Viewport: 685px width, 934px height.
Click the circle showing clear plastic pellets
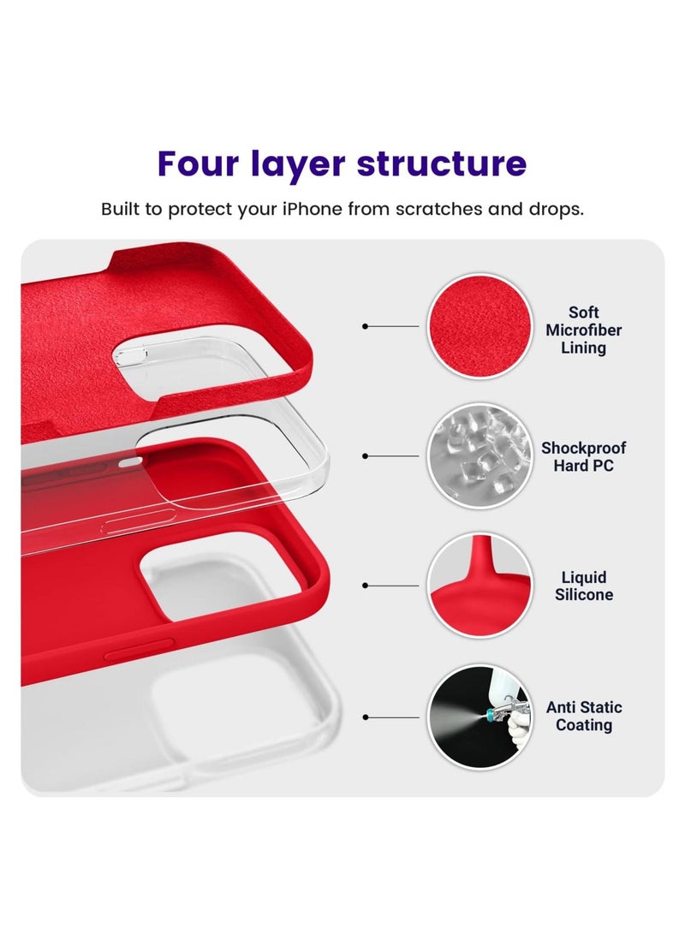478,456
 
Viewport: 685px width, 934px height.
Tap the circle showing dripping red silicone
478,586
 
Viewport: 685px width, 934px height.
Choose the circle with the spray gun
478,717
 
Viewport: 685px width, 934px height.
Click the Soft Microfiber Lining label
583,330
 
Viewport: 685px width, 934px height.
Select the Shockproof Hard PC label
583,457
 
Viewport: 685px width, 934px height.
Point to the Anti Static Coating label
584,717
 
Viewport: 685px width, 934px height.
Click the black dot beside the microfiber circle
366,327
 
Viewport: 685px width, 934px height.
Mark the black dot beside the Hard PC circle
366,456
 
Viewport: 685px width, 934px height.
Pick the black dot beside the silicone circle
366,586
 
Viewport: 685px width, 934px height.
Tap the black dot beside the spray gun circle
366,717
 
